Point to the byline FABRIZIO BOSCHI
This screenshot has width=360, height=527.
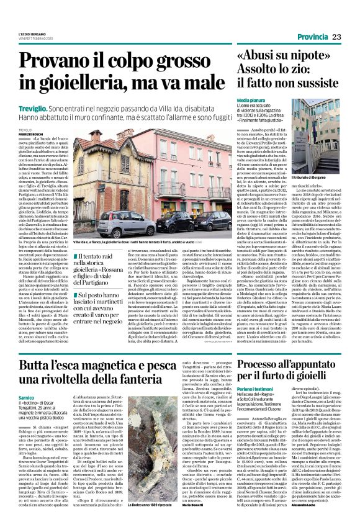23,135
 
